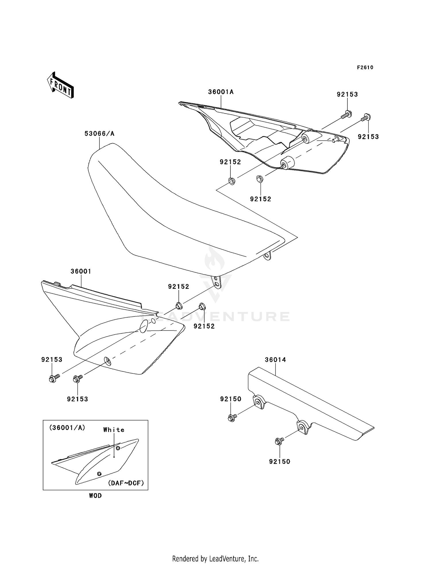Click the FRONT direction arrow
60,85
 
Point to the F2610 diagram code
365,68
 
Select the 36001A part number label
221,92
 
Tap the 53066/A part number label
99,134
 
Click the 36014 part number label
275,360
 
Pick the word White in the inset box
114,430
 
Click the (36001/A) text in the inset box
67,428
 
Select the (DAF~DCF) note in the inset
126,483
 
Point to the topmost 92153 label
347,95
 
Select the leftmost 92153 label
52,360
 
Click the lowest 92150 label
280,461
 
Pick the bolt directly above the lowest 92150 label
279,441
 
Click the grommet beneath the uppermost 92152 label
231,181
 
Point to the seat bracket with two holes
216,282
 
